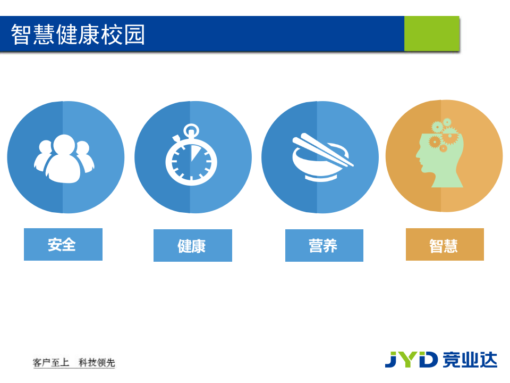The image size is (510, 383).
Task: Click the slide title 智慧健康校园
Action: (x=78, y=35)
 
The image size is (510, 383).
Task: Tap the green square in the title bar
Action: (x=431, y=34)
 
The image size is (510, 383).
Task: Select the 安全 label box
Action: (x=63, y=245)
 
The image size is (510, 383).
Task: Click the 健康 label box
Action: (x=192, y=246)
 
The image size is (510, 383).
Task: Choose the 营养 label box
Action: (x=324, y=246)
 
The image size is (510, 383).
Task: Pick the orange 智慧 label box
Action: (x=445, y=245)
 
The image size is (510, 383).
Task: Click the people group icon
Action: (x=64, y=159)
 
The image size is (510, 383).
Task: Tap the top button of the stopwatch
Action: (x=191, y=130)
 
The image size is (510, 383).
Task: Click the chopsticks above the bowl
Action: (x=321, y=149)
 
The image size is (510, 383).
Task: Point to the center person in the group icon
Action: (x=64, y=160)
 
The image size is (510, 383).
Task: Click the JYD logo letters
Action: (x=411, y=360)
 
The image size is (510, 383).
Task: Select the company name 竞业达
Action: (x=470, y=360)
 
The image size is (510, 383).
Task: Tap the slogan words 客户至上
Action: (x=51, y=363)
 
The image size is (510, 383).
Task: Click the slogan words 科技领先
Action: (x=97, y=363)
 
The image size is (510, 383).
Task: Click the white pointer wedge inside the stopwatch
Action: (x=195, y=154)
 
